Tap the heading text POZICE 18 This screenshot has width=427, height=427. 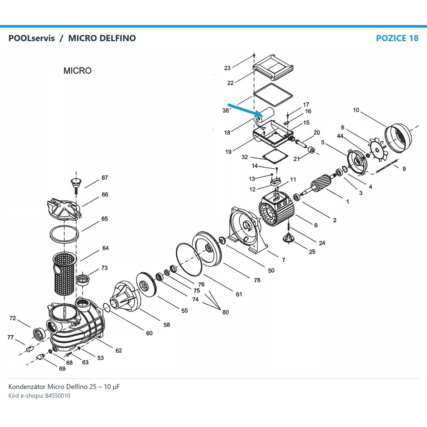397,38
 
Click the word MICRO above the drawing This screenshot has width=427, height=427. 77,71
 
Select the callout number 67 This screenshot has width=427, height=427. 105,178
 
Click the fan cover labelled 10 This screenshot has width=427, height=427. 398,138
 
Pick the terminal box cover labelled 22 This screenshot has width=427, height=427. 273,67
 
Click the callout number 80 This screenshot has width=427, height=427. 226,312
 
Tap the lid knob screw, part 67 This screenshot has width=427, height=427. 76,185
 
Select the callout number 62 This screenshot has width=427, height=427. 119,350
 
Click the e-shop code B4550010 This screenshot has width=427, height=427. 58,396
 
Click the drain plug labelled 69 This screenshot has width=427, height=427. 40,357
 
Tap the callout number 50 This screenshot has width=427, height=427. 271,270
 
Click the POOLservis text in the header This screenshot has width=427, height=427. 32,38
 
